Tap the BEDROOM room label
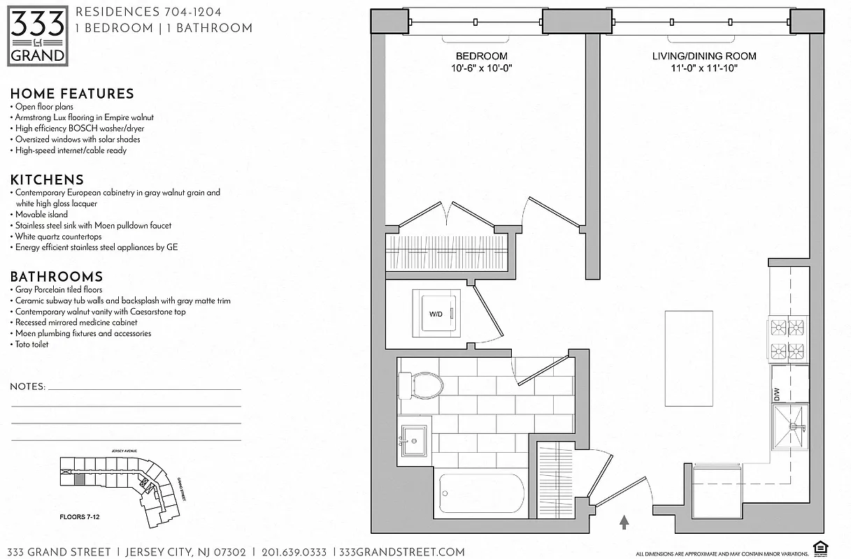click(x=482, y=56)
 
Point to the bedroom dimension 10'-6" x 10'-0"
click(x=482, y=68)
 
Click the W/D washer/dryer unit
click(x=436, y=314)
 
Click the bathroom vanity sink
click(x=415, y=441)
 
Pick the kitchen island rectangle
click(x=689, y=360)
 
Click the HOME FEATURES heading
click(x=72, y=94)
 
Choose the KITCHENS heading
click(x=47, y=180)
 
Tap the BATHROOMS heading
click(x=56, y=277)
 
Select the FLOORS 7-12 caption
click(x=79, y=518)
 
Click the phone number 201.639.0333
click(x=294, y=552)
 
